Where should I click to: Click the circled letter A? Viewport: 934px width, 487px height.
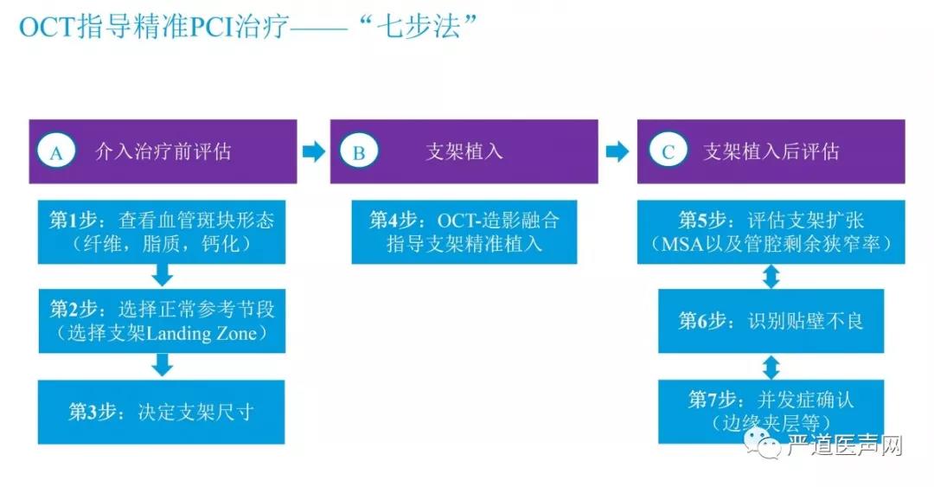57,152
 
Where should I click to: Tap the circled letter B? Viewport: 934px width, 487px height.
358,152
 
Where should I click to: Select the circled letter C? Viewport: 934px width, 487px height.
668,152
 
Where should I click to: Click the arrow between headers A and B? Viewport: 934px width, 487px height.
313,152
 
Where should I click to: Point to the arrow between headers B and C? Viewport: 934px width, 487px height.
617,152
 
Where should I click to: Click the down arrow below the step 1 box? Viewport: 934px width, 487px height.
162,275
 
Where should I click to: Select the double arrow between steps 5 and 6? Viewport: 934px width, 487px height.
771,278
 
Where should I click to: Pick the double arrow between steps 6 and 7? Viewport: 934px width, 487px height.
771,365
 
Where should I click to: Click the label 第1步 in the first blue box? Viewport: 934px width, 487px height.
73,221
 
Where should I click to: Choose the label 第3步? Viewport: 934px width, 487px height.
93,411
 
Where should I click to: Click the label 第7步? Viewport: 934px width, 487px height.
712,400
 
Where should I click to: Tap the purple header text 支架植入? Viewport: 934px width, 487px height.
464,152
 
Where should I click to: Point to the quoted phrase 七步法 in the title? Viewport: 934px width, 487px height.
423,26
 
